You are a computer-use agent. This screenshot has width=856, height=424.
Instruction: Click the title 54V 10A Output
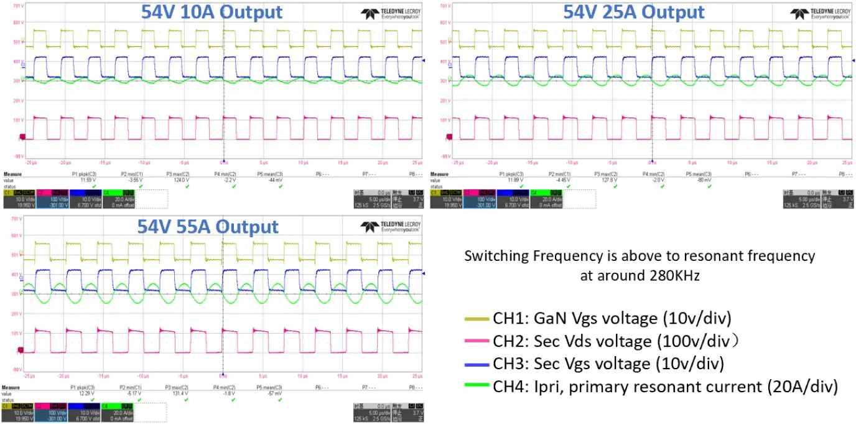(211, 12)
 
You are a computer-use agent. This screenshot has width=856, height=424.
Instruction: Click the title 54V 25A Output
(634, 12)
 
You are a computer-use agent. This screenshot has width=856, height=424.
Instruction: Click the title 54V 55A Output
(207, 226)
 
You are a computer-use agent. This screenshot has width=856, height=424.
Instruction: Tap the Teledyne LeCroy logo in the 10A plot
(389, 14)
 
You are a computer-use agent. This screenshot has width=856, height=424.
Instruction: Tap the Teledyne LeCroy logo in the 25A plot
(820, 14)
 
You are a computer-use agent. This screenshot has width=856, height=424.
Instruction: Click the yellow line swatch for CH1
(477, 319)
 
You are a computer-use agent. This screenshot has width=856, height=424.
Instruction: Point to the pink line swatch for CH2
(477, 341)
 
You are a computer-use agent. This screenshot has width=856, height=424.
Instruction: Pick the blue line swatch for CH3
(477, 364)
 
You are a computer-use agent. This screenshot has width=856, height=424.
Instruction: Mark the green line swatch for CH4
(477, 387)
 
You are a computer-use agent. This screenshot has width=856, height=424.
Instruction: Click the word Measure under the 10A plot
(12, 174)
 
